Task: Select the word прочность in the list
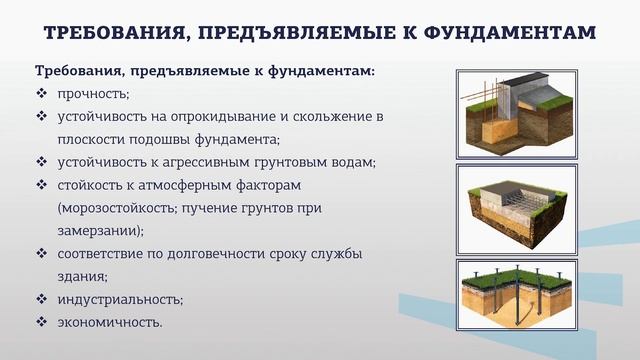click(88, 94)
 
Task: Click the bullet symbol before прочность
click(42, 94)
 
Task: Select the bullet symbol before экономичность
click(42, 322)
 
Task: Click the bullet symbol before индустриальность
click(42, 299)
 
